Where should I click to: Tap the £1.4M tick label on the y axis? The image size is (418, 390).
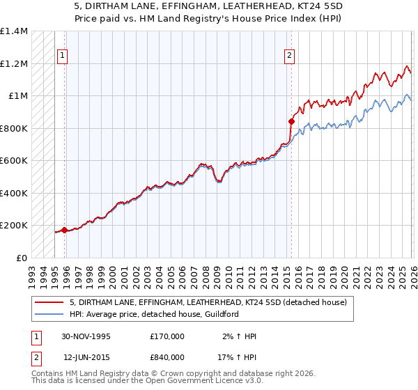(x=14, y=31)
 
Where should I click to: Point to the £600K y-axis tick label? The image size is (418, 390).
(x=14, y=161)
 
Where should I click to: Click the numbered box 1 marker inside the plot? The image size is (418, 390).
(x=63, y=56)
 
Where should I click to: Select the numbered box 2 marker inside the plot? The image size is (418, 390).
(x=289, y=56)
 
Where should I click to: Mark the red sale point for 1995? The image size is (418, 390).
(x=65, y=230)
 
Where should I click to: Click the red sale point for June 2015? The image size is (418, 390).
(x=291, y=121)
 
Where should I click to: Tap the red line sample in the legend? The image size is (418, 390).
(x=50, y=302)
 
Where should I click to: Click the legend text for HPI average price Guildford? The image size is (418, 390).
(x=153, y=314)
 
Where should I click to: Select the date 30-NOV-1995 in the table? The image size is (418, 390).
(x=86, y=336)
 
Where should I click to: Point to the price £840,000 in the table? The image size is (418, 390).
(x=167, y=357)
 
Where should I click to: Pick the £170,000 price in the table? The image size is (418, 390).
(x=167, y=336)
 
